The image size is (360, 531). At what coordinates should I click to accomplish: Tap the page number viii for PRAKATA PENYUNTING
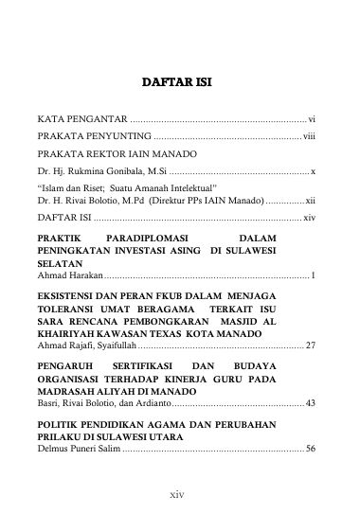tap(309, 137)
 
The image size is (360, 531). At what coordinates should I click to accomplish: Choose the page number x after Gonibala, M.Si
tap(314, 171)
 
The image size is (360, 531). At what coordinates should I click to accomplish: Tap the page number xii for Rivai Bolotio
tap(309, 202)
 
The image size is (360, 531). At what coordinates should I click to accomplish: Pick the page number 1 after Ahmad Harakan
tap(314, 274)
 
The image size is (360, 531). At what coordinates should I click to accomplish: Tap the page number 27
tap(310, 347)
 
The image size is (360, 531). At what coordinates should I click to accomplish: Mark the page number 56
tap(310, 448)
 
